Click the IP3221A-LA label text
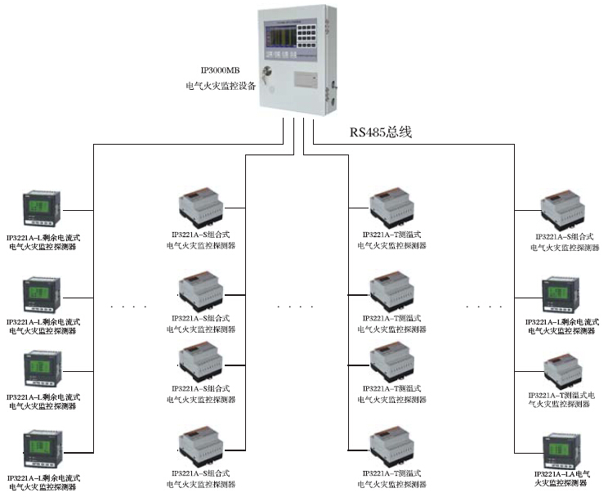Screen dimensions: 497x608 563,474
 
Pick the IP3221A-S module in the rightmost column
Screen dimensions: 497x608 561,211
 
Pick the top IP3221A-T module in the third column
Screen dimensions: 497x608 390,208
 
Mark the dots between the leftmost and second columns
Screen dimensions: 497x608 128,307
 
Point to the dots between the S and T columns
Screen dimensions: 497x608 295,307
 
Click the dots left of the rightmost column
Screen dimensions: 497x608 485,307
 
